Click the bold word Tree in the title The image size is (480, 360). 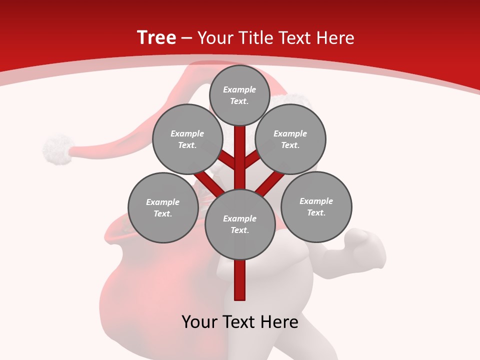coord(156,37)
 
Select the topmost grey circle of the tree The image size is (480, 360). coord(239,95)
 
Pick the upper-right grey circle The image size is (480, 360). coord(290,139)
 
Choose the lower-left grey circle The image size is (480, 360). coord(163,207)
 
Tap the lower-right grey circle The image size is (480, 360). coord(316,206)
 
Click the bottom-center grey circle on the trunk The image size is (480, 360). coord(240,224)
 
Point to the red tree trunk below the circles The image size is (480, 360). coord(240,280)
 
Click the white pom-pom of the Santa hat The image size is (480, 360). coord(57,149)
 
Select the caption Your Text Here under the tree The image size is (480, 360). coord(240,321)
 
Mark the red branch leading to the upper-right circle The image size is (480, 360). coord(253,159)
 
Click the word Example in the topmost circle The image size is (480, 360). coord(239,89)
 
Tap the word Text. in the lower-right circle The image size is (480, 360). coord(316,212)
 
